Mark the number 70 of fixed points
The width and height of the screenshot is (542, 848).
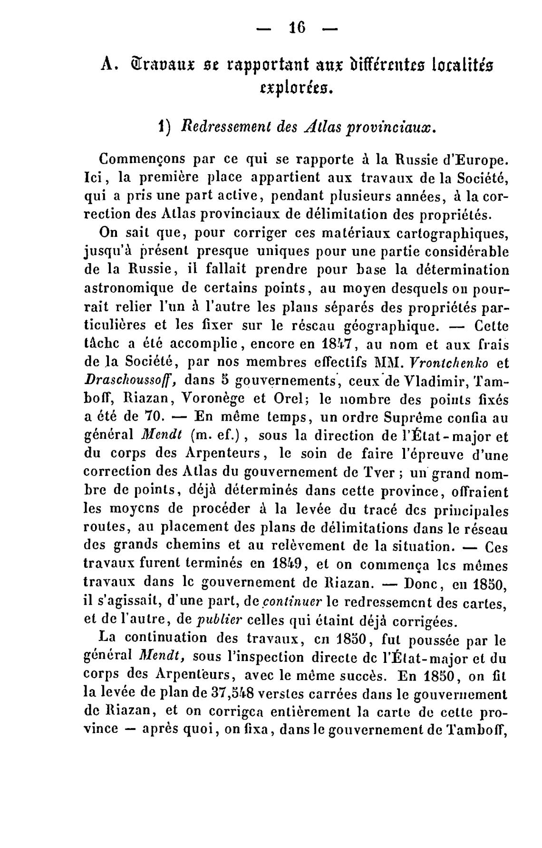click(x=152, y=417)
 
